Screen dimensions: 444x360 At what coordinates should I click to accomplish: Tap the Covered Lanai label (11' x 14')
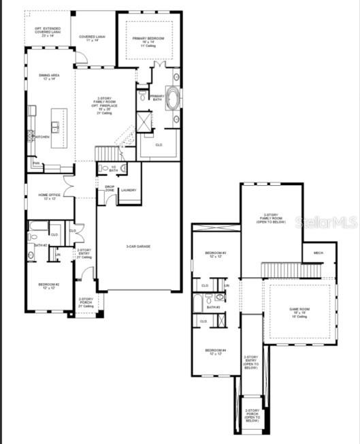[93, 38]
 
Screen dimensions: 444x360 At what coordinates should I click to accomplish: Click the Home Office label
[49, 196]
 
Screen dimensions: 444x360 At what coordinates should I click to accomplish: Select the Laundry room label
[129, 190]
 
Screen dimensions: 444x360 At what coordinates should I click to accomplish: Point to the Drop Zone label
[110, 188]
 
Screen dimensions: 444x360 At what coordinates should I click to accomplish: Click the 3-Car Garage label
[138, 247]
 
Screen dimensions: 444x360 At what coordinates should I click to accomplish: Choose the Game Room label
[300, 311]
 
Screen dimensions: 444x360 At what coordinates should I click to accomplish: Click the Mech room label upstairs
[318, 253]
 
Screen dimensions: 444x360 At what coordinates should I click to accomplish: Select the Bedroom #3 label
[216, 255]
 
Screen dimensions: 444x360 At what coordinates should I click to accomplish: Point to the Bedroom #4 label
[216, 352]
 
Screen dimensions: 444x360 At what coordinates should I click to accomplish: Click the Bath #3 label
[213, 307]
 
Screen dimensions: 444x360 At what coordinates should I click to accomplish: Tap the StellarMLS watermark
[325, 222]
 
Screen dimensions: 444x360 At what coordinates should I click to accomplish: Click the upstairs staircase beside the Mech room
[292, 270]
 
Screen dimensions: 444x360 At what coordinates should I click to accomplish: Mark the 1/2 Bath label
[114, 168]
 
